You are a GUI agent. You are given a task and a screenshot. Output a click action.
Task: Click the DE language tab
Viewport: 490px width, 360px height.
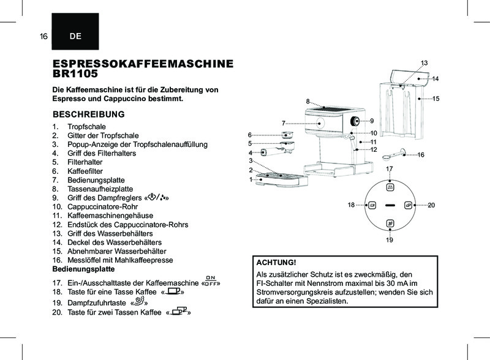pos(75,37)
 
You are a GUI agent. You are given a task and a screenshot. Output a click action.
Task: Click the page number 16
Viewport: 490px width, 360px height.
pos(43,37)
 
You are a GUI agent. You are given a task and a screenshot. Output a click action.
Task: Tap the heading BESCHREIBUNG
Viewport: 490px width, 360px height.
pos(89,114)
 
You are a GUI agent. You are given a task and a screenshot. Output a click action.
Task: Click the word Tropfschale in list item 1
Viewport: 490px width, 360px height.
pos(86,127)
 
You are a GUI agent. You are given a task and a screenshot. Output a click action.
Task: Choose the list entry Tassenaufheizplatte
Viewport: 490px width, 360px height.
pos(100,189)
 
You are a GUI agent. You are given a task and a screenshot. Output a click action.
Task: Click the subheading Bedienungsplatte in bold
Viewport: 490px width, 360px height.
pos(84,269)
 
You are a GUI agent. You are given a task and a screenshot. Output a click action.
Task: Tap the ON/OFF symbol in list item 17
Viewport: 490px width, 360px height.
pos(211,282)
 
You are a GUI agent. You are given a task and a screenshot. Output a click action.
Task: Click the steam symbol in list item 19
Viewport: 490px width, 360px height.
pos(140,302)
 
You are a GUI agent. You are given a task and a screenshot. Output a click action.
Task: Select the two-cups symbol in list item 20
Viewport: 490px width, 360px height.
pos(179,313)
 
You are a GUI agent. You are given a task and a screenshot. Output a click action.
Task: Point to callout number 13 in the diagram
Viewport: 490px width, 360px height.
pos(423,63)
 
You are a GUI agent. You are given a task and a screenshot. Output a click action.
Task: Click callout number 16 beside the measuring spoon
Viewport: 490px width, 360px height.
pos(421,155)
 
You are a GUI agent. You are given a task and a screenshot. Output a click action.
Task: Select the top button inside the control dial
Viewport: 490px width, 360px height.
pos(390,187)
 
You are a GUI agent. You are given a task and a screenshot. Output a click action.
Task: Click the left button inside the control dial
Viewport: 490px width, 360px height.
pos(371,205)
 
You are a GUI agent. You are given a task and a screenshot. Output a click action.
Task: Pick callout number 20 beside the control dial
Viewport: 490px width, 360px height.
pos(431,204)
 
